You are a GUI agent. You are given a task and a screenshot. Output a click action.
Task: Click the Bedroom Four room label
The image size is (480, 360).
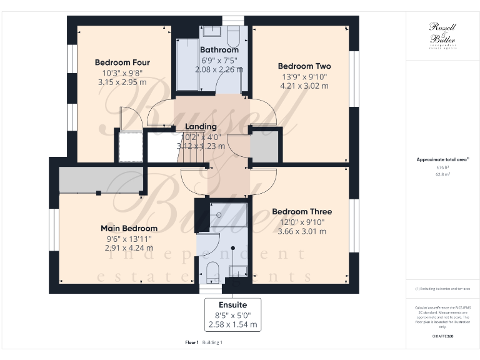click(x=122, y=62)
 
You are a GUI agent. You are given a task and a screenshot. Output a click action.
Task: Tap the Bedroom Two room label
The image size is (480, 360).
click(x=304, y=66)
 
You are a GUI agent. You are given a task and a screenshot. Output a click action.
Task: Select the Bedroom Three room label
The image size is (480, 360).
click(x=302, y=212)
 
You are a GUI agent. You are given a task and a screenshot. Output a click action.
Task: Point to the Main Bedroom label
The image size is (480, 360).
click(x=129, y=228)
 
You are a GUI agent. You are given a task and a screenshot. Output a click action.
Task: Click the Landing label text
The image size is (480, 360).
click(x=201, y=126)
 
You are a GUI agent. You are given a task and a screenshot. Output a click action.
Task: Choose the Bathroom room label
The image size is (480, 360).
click(x=219, y=50)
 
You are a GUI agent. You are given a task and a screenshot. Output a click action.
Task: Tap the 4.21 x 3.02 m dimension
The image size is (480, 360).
click(x=304, y=86)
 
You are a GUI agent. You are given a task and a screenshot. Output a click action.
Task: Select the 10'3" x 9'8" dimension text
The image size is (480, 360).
click(x=122, y=72)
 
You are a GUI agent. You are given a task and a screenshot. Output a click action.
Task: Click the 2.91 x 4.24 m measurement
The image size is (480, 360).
click(x=129, y=248)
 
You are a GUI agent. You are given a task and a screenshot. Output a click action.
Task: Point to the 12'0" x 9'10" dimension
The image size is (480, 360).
click(x=302, y=222)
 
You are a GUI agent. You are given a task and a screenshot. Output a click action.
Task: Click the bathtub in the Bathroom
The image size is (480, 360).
click(x=186, y=66)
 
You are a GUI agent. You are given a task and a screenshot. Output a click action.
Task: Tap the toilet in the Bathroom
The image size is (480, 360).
click(x=234, y=34)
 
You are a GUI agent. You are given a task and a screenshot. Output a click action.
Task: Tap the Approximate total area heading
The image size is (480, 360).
click(x=442, y=160)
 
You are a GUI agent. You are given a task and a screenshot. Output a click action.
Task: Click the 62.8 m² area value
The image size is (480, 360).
click(x=442, y=175)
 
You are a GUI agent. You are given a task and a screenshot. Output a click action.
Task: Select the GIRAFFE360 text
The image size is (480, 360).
click(x=442, y=336)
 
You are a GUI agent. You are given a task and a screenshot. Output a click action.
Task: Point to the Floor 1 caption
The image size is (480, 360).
click(x=192, y=342)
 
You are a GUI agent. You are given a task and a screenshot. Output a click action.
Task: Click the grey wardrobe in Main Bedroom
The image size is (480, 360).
click(x=99, y=181)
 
